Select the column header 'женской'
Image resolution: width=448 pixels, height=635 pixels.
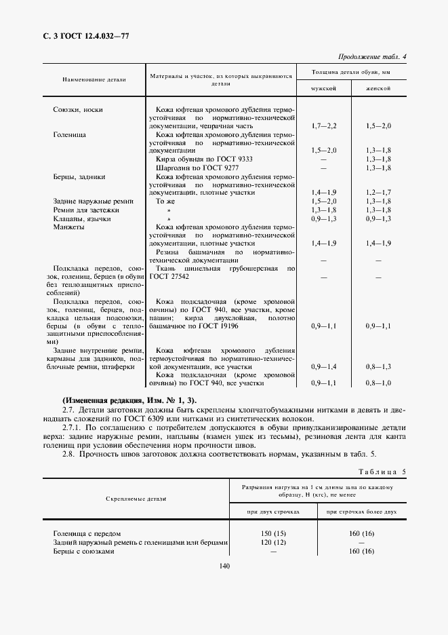pyautogui.click(x=378, y=89)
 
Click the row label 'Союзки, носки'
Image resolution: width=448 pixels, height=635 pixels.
pyautogui.click(x=78, y=109)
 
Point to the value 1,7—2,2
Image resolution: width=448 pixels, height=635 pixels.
pyautogui.click(x=323, y=126)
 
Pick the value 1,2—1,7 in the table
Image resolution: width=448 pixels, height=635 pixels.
pyautogui.click(x=378, y=193)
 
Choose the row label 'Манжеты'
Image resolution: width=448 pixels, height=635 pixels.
pyautogui.click(x=68, y=227)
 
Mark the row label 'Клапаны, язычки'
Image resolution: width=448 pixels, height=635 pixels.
pyautogui.click(x=81, y=218)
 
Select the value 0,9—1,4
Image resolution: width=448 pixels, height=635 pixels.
pyautogui.click(x=323, y=366)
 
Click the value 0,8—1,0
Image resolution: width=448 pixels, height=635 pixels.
pyautogui.click(x=378, y=383)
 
